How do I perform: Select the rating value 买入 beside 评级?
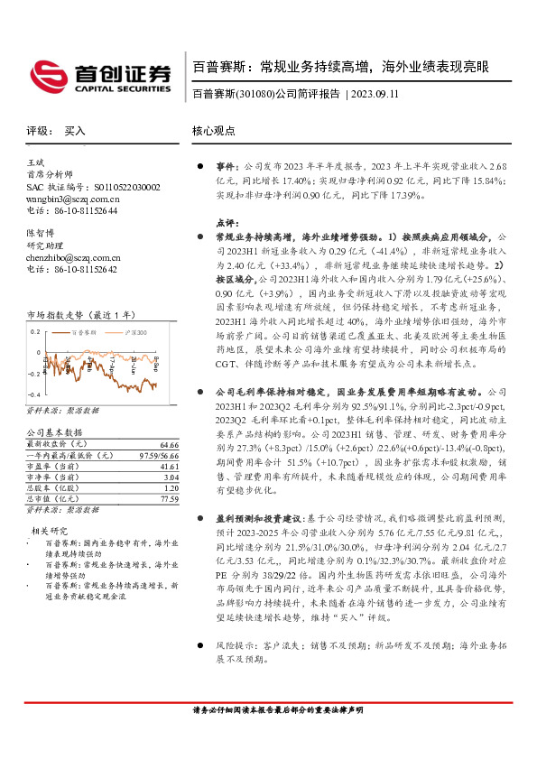point(75,130)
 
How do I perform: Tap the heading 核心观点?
point(214,130)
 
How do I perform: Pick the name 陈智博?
point(40,233)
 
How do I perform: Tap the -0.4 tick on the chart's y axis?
point(33,395)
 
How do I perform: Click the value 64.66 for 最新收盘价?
point(169,445)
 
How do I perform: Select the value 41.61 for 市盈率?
point(169,467)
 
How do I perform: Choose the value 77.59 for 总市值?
point(169,498)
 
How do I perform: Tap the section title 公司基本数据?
point(53,433)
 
